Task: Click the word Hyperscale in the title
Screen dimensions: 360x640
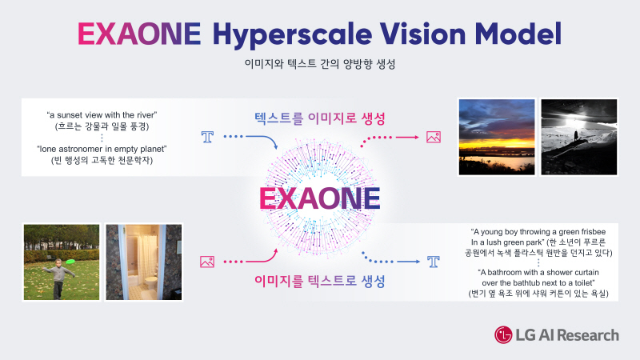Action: point(300,34)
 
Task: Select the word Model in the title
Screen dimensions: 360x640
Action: point(521,34)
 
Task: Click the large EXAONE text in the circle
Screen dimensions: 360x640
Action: point(320,198)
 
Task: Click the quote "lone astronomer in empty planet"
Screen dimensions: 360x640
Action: point(100,150)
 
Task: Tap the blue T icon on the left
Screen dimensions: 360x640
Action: point(209,138)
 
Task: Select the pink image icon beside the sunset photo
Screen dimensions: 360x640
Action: point(434,137)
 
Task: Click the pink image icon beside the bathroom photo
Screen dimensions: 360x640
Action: point(207,261)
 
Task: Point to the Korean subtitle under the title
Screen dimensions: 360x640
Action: point(319,64)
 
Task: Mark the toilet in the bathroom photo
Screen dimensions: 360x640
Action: point(150,287)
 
